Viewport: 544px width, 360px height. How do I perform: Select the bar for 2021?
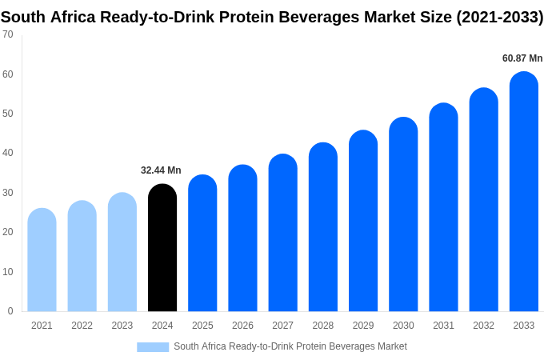coord(42,260)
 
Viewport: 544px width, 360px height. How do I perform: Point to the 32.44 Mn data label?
coord(161,170)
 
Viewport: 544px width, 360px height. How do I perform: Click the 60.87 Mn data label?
coord(522,58)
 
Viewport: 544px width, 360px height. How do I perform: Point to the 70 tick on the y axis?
coord(8,34)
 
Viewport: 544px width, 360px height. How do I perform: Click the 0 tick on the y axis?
coord(10,311)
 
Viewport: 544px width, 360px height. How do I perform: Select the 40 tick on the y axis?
coord(8,153)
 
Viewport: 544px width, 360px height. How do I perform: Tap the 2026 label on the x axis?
coord(242,326)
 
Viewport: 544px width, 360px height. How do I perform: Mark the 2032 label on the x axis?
coord(483,326)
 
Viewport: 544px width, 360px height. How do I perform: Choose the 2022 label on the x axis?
coord(82,326)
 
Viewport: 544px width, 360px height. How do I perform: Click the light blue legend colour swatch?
coord(153,347)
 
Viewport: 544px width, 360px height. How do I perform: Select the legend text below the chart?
coord(290,346)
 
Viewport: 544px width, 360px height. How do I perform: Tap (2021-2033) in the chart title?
coord(499,17)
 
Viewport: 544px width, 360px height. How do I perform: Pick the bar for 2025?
coord(202,243)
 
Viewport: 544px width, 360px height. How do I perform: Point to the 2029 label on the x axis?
coord(363,326)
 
